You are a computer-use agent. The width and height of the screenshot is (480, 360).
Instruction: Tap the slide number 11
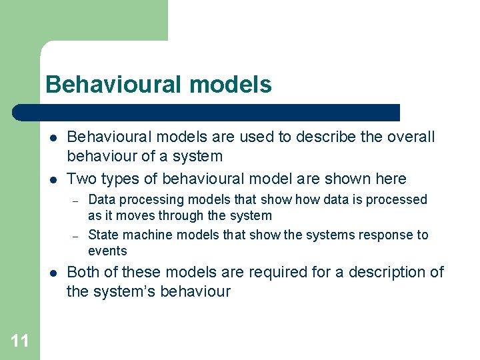click(x=20, y=341)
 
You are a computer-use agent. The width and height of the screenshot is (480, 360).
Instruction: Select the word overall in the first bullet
click(x=409, y=137)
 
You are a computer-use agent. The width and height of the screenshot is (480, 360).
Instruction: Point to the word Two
click(x=81, y=179)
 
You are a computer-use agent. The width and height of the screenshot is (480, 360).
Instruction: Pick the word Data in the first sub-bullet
click(x=100, y=199)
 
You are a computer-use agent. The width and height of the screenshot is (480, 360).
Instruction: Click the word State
click(x=102, y=235)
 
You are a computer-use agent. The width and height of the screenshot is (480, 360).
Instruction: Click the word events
click(x=107, y=251)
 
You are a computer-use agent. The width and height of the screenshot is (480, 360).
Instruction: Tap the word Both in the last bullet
click(x=82, y=272)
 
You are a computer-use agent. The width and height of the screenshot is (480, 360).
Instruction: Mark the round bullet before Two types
click(x=52, y=179)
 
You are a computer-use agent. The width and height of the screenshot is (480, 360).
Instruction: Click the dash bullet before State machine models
click(x=76, y=235)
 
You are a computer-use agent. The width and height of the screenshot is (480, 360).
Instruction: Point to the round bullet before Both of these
click(x=52, y=273)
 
